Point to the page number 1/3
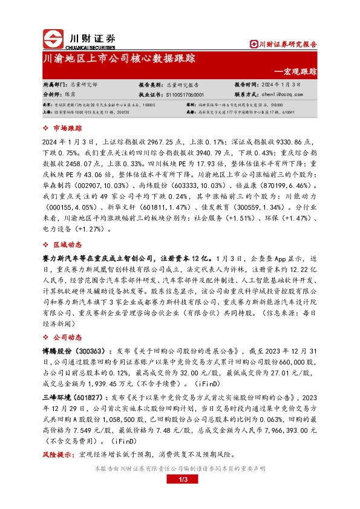point(180,480)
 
